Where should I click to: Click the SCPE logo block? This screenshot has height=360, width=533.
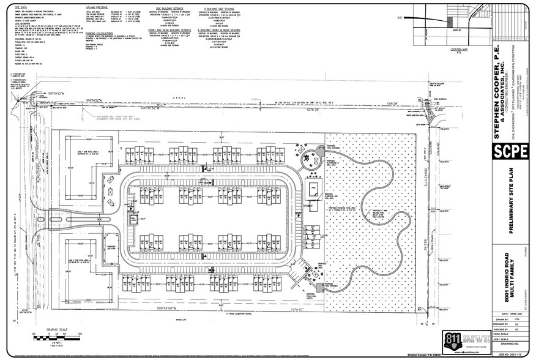[510, 151]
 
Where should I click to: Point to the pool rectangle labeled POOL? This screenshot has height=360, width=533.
[313, 190]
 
